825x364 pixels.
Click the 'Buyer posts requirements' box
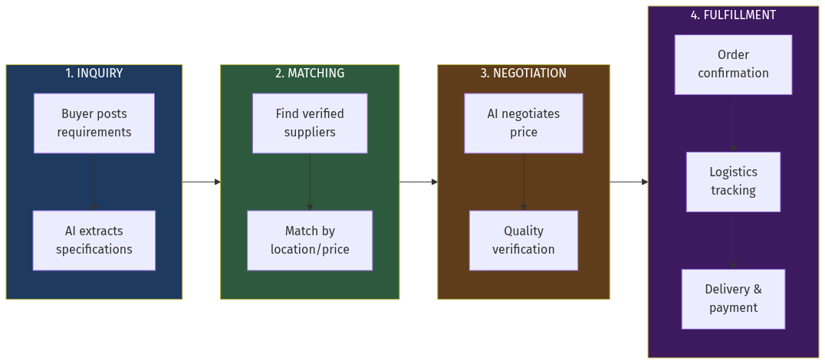pyautogui.click(x=94, y=123)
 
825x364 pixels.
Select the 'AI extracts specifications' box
pyautogui.click(x=94, y=241)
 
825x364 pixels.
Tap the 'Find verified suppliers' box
pyautogui.click(x=310, y=123)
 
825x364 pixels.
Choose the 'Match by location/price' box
pyautogui.click(x=310, y=241)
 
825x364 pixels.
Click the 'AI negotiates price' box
pyautogui.click(x=524, y=123)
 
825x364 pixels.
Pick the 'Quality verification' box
pyautogui.click(x=524, y=241)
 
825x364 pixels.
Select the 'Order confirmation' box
pyautogui.click(x=733, y=64)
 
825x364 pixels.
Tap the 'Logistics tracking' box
pyautogui.click(x=733, y=182)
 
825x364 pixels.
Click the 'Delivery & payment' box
pyautogui.click(x=733, y=299)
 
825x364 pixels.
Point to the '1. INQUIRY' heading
pyautogui.click(x=94, y=74)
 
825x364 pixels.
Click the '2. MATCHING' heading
pyautogui.click(x=310, y=74)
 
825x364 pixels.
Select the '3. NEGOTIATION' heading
pyautogui.click(x=524, y=74)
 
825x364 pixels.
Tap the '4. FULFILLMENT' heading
pyautogui.click(x=733, y=15)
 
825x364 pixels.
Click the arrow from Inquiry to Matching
pyautogui.click(x=202, y=182)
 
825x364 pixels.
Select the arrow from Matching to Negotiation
pyautogui.click(x=419, y=182)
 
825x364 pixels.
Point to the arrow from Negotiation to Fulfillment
pyautogui.click(x=629, y=182)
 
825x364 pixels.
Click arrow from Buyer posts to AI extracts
pyautogui.click(x=94, y=182)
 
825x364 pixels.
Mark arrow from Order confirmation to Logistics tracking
pyautogui.click(x=733, y=123)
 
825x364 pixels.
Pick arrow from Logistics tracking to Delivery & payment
pyautogui.click(x=733, y=241)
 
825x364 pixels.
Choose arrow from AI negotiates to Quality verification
pyautogui.click(x=524, y=182)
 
